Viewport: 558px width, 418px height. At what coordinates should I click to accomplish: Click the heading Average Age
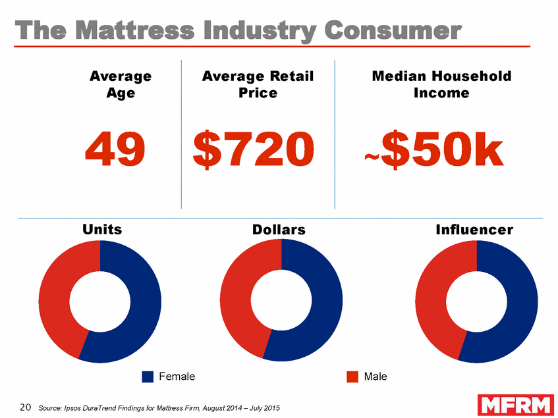pos(121,85)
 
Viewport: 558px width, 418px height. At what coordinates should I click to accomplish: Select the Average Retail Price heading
pos(258,85)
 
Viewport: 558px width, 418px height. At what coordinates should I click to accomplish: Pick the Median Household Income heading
pos(441,85)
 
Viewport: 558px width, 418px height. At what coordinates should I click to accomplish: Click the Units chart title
pos(102,229)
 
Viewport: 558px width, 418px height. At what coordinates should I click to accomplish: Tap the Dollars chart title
pos(279,230)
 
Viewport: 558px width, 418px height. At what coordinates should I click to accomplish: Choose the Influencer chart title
pos(474,230)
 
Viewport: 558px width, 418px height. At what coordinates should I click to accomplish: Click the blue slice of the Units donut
pos(145,309)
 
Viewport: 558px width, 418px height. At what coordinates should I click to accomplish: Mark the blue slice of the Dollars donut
pos(326,309)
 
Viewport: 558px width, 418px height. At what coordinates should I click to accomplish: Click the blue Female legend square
pos(148,377)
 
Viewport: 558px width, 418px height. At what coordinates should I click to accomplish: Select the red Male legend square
pos(352,377)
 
